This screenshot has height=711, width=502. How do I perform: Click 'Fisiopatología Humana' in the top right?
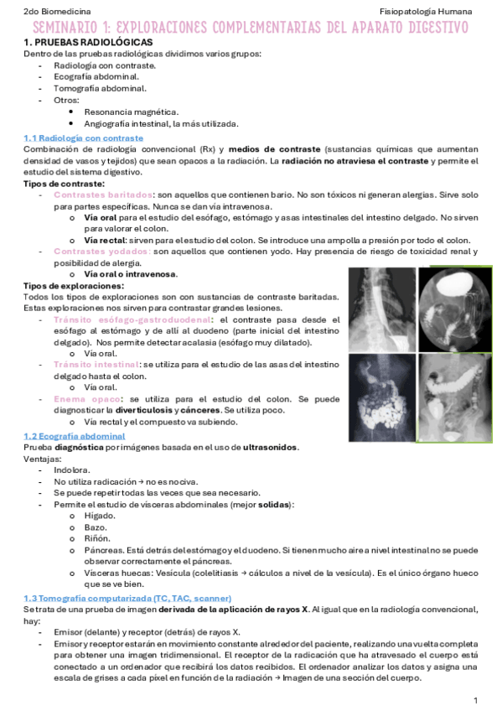tap(425, 13)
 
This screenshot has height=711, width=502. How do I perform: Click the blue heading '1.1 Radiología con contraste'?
tap(83, 138)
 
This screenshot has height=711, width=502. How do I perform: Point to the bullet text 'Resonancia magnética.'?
tap(132, 112)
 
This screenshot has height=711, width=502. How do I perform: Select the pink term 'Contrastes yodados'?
tap(102, 251)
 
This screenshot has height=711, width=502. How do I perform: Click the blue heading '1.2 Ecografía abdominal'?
tap(75, 436)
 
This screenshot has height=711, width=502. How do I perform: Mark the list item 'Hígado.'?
tap(99, 516)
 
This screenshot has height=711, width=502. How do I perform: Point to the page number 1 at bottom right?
tap(475, 699)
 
